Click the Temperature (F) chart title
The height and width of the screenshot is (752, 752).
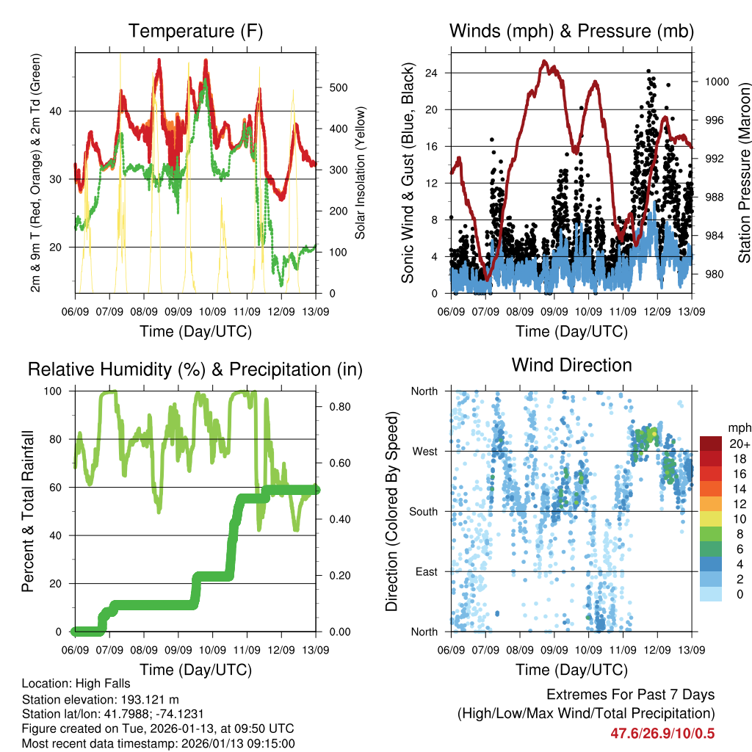(x=195, y=31)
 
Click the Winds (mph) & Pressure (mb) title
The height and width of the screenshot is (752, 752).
(x=571, y=31)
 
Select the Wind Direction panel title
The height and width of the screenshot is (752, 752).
(x=571, y=365)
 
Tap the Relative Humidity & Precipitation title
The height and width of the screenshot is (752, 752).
(x=195, y=369)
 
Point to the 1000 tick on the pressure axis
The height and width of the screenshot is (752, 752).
(x=715, y=82)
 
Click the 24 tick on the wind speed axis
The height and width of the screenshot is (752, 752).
(x=431, y=73)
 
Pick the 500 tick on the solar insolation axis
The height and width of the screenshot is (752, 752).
(x=338, y=87)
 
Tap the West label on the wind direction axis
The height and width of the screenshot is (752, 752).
(x=424, y=451)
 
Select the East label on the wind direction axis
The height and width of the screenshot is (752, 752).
(x=425, y=571)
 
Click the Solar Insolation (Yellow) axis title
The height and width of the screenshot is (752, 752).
(x=361, y=173)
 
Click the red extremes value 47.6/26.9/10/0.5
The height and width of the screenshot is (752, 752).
(x=662, y=733)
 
